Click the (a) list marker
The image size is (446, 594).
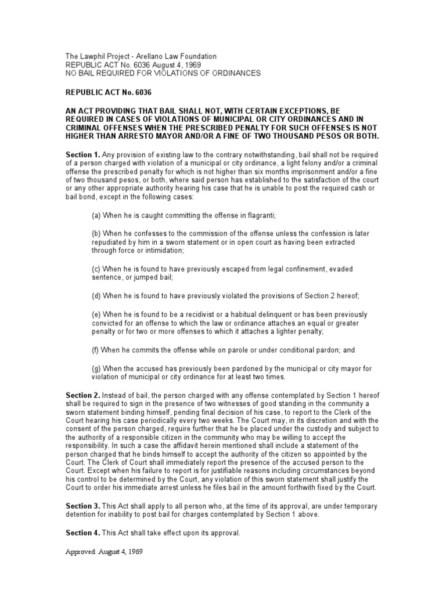tap(96, 215)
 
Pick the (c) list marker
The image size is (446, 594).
tap(96, 269)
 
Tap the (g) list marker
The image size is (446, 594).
tap(96, 369)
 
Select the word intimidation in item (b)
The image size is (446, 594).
tap(160, 250)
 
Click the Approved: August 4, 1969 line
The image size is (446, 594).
tap(103, 552)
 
